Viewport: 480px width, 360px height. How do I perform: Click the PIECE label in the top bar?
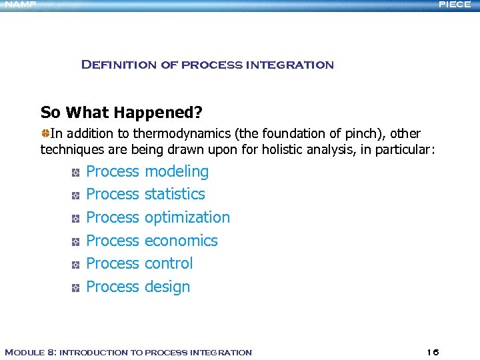(x=455, y=5)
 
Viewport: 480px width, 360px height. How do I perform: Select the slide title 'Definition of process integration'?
(x=207, y=65)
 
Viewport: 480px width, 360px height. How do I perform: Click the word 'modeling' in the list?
(x=177, y=171)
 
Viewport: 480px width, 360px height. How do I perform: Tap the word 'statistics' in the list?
(x=175, y=194)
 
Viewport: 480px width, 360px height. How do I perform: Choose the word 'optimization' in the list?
(x=187, y=217)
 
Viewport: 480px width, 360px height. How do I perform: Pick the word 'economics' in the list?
(x=181, y=241)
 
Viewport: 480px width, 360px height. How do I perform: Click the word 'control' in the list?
(x=169, y=263)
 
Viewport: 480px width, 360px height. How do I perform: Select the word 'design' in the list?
(x=167, y=287)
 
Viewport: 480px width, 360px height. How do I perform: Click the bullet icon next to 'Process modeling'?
(x=76, y=173)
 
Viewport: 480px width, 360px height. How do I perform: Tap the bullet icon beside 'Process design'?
(x=76, y=288)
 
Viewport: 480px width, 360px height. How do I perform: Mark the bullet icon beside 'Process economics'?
(x=76, y=242)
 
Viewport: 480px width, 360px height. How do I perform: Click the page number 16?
(x=433, y=352)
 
